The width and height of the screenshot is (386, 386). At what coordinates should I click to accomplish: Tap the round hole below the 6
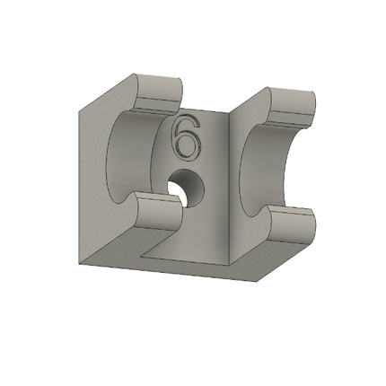coord(187,187)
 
